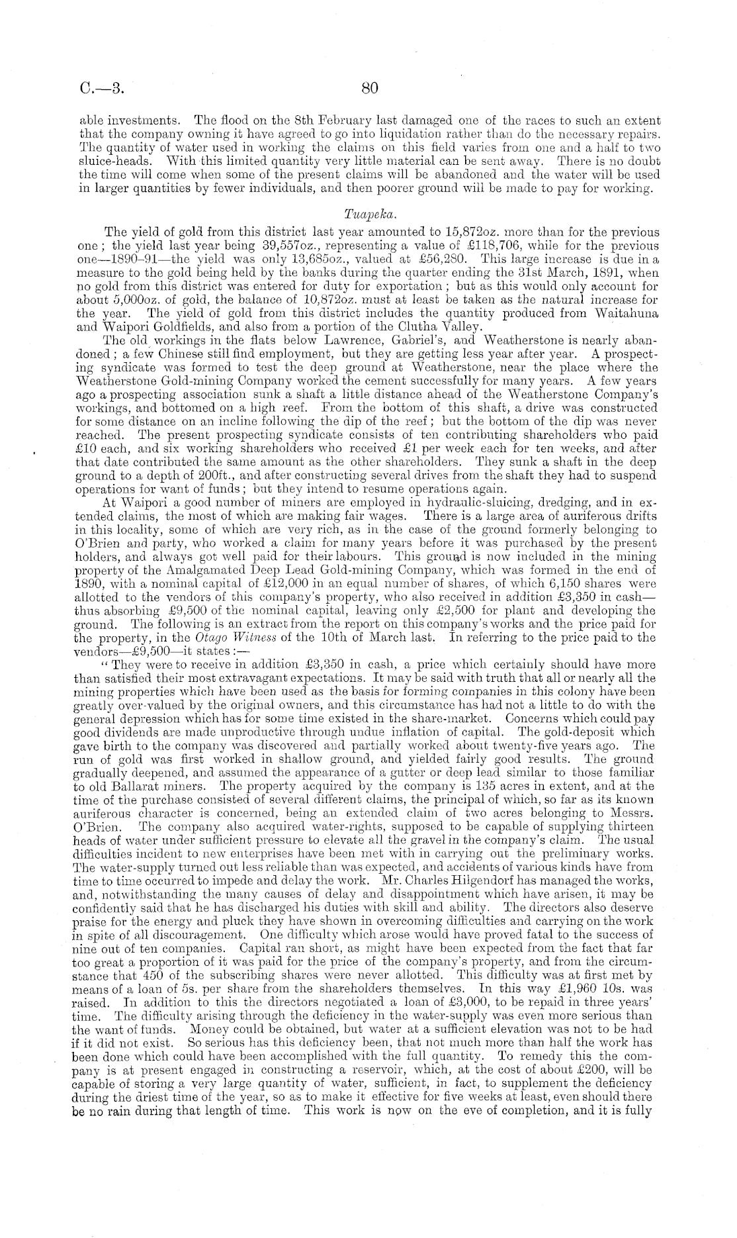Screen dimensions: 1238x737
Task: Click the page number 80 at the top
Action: click(x=369, y=87)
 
